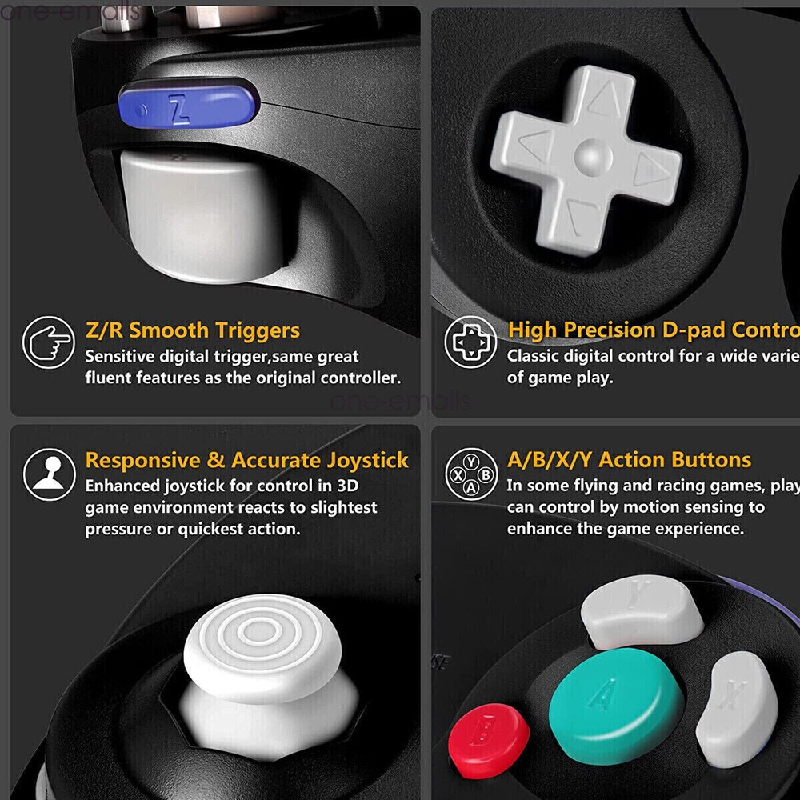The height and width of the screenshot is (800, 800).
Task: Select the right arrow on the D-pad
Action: point(650,169)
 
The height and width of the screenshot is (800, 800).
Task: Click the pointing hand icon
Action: point(49,342)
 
